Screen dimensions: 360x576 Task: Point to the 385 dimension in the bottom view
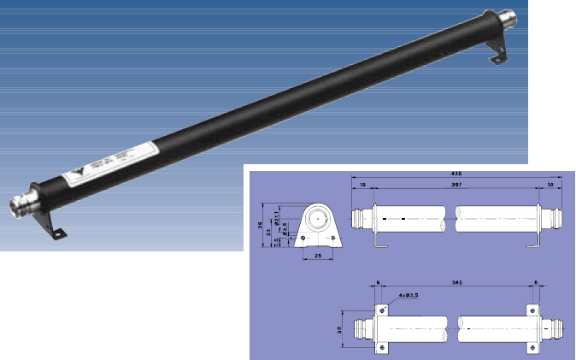pyautogui.click(x=458, y=281)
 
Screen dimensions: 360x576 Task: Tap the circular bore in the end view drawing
pyautogui.click(x=319, y=219)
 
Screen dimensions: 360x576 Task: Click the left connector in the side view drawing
pyautogui.click(x=361, y=218)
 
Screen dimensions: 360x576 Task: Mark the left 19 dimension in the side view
pyautogui.click(x=362, y=185)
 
